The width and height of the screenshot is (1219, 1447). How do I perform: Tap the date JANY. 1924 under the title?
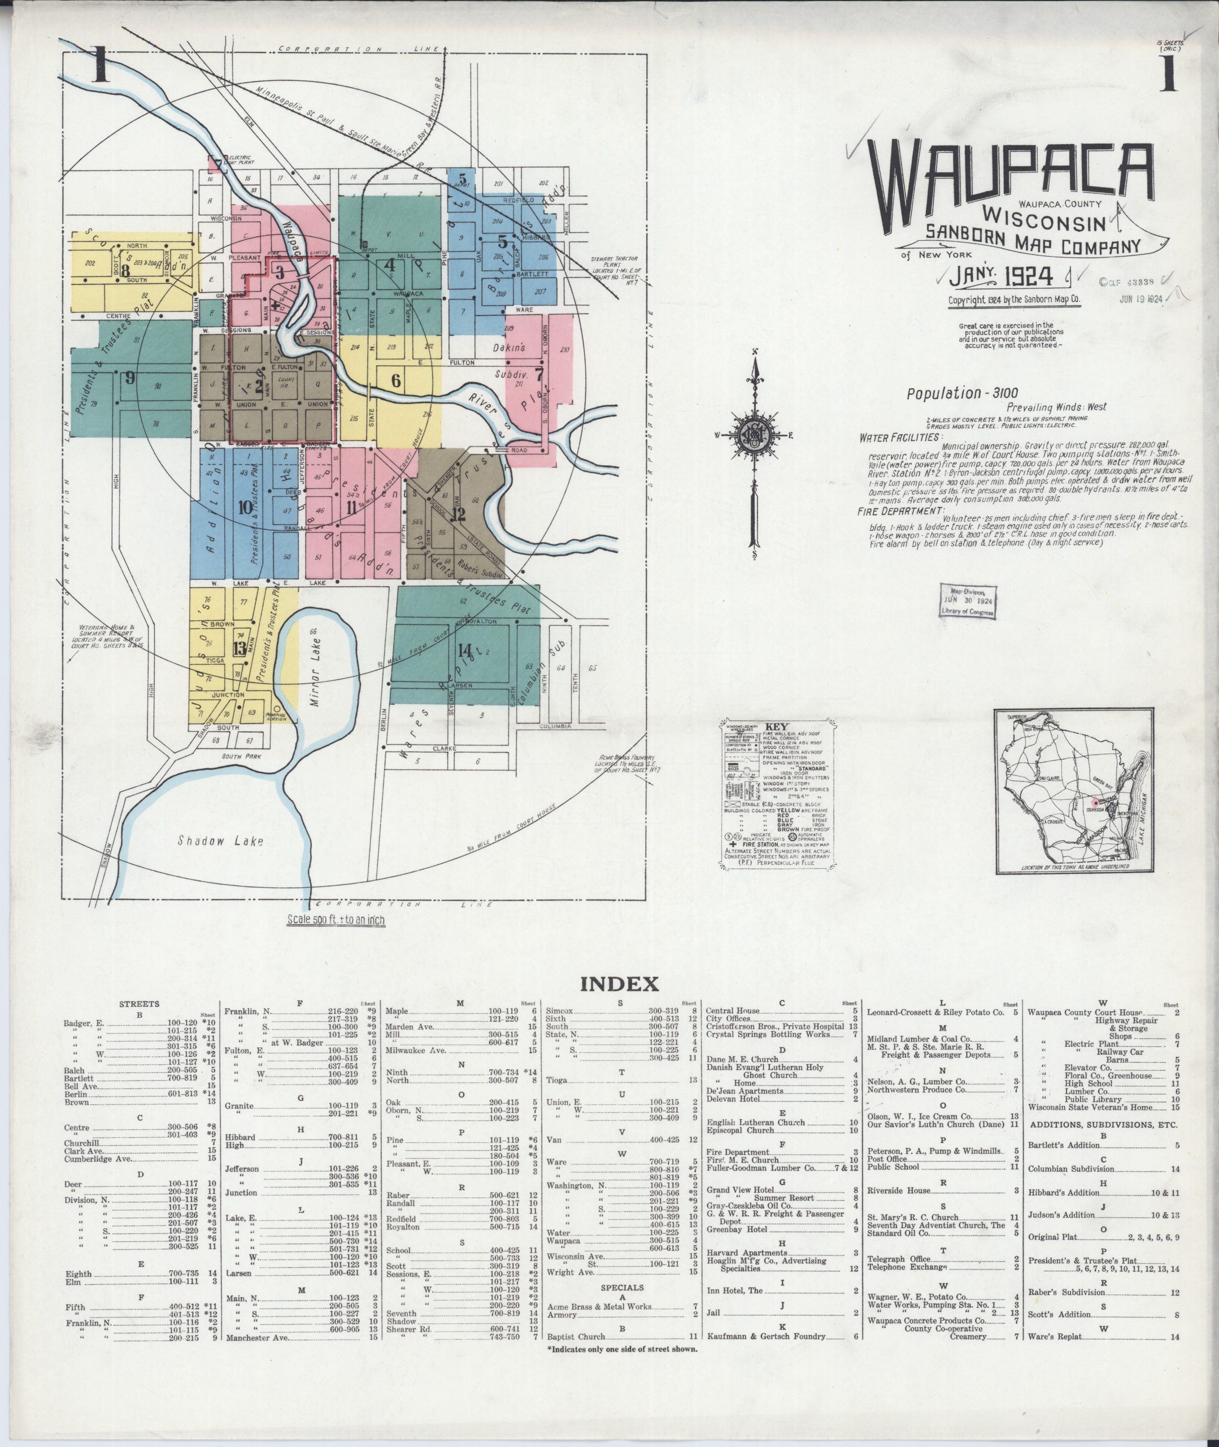click(x=1000, y=276)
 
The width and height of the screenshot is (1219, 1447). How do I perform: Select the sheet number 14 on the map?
click(x=464, y=649)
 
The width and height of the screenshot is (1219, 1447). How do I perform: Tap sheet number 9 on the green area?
click(x=130, y=378)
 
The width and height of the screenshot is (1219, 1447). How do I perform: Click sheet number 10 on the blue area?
click(x=245, y=508)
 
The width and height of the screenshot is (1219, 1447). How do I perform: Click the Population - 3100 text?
click(x=953, y=393)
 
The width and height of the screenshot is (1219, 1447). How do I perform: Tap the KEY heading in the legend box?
click(x=777, y=727)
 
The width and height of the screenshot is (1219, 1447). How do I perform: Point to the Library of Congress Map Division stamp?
click(x=968, y=601)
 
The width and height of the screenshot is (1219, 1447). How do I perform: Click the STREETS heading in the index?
click(x=139, y=1004)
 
